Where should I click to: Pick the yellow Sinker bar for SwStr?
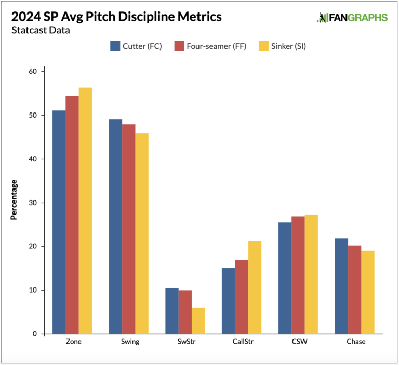tap(198, 321)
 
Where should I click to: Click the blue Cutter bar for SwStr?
tap(172, 311)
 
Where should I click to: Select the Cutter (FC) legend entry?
tap(136, 46)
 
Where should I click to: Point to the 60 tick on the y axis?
tap(33, 71)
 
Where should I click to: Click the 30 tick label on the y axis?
tap(33, 203)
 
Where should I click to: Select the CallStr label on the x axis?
tap(242, 342)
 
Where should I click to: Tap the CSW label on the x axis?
tap(298, 342)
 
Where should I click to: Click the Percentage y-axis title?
tap(14, 199)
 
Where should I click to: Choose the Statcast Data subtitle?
tap(41, 30)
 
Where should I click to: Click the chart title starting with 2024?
tap(116, 17)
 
